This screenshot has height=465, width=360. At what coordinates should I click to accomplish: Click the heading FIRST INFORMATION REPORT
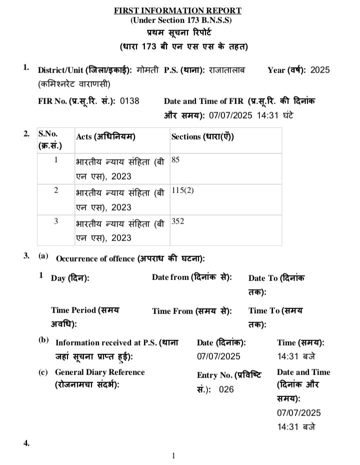pyautogui.click(x=177, y=10)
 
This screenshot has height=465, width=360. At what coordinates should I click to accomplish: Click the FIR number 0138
pyautogui.click(x=129, y=100)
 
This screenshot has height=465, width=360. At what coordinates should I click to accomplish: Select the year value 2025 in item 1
pyautogui.click(x=320, y=70)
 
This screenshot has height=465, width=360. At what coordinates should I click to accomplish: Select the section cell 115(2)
pyautogui.click(x=182, y=191)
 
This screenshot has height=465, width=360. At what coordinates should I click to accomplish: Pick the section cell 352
pyautogui.click(x=177, y=221)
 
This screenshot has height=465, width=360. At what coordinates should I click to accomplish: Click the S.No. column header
pyautogui.click(x=49, y=139)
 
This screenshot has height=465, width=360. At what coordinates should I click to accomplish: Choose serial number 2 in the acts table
pyautogui.click(x=56, y=191)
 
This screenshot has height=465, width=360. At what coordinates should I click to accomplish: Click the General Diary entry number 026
pyautogui.click(x=226, y=389)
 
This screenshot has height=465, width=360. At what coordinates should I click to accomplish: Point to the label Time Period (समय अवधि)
pyautogui.click(x=85, y=316)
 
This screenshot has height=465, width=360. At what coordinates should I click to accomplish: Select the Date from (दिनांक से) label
pyautogui.click(x=192, y=277)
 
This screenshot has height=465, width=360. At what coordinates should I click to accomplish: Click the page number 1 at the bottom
pyautogui.click(x=173, y=455)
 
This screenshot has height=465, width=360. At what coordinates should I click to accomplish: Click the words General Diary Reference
pyautogui.click(x=99, y=372)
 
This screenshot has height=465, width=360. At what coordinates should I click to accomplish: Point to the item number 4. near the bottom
pyautogui.click(x=26, y=443)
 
